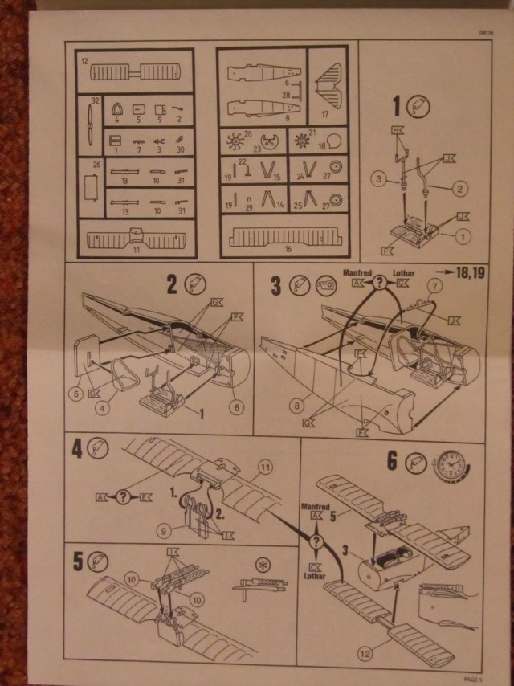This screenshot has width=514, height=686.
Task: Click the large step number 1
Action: [x=397, y=105]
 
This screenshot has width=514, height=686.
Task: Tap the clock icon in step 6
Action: [x=452, y=465]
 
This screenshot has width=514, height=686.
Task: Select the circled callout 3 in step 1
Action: [x=377, y=179]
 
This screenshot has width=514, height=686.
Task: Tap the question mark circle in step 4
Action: [x=123, y=496]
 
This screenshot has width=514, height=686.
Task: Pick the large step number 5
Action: [x=77, y=561]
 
